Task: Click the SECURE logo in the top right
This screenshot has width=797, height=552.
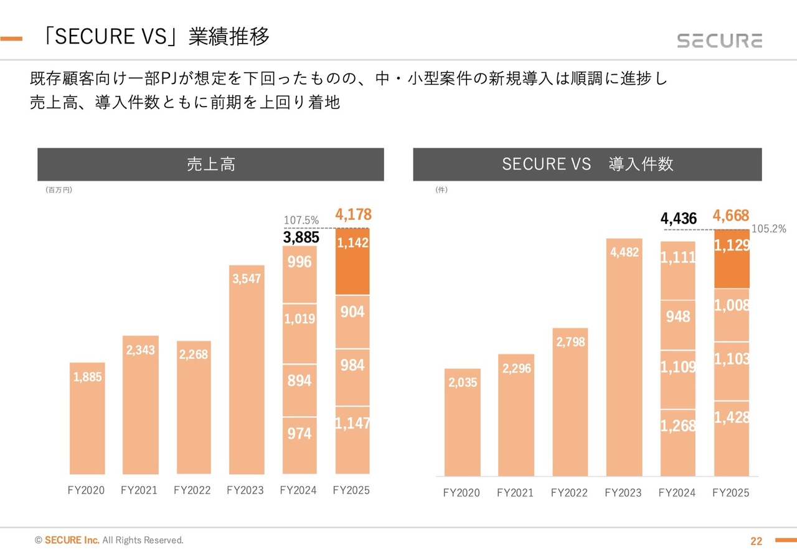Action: pos(720,40)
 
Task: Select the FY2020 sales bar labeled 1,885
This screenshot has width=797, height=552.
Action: pos(87,417)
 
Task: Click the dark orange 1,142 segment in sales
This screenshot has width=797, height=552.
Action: pos(352,261)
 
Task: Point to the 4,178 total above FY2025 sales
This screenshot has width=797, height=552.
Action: pos(353,215)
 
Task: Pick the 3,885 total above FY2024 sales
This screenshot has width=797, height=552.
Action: pos(301,237)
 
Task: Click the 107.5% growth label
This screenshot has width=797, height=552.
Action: pos(301,221)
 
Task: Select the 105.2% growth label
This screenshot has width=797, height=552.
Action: pos(769,229)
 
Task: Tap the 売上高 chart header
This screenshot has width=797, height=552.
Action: pos(210,164)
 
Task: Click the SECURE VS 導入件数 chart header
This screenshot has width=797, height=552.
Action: pos(587,164)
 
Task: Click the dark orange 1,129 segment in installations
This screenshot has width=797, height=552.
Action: pos(732,259)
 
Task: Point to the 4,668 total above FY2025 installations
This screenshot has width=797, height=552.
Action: pos(731,216)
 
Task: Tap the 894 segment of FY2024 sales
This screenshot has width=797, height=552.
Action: pos(299,390)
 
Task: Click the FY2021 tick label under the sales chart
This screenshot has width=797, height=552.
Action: pos(139,490)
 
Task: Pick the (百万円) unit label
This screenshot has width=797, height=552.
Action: pos(59,190)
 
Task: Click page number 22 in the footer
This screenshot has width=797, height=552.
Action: pos(757,541)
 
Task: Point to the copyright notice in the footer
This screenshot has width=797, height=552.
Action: pos(110,540)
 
